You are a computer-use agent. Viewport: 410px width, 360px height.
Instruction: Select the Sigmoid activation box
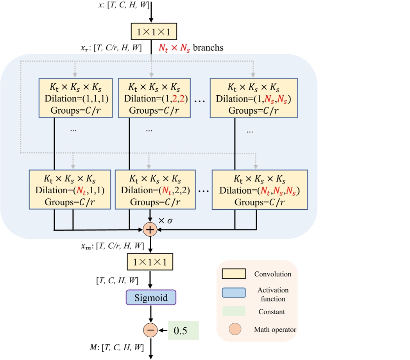tap(151, 298)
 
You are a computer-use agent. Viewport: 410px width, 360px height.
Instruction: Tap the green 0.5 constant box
tap(184, 330)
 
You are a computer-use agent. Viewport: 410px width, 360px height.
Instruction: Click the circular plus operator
tap(150, 230)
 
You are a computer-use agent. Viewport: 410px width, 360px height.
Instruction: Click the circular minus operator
tap(150, 330)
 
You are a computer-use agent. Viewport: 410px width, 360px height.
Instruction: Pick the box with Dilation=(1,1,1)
tap(75, 98)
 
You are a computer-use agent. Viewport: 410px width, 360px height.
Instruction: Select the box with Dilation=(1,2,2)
tap(154, 98)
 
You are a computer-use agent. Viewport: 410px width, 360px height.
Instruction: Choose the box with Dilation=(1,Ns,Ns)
tap(253, 98)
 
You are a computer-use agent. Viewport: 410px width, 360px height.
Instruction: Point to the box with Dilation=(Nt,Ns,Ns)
tap(260, 190)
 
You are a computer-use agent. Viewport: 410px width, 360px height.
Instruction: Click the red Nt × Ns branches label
tap(190, 48)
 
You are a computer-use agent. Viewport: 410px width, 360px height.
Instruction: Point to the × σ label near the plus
tap(165, 221)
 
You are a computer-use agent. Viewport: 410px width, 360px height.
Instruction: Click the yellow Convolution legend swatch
tap(233, 274)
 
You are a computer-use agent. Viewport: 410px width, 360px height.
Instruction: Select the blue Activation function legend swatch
tap(233, 293)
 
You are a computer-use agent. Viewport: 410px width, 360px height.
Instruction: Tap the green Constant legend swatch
tap(233, 311)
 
